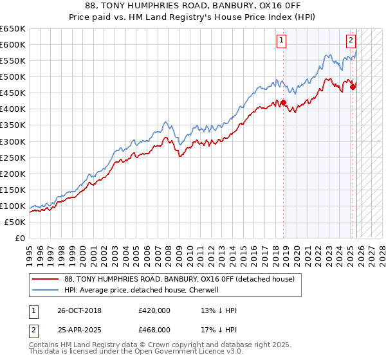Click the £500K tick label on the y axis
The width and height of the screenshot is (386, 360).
pos(13,76)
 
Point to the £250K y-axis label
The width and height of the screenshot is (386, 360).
pos(13,157)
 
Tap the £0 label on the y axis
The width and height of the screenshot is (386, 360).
pos(19,238)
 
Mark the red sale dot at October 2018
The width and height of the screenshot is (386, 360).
pos(283,102)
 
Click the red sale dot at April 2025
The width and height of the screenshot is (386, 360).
pos(353,87)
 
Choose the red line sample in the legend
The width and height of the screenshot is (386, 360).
pos(45,279)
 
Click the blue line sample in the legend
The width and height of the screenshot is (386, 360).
pos(45,290)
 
